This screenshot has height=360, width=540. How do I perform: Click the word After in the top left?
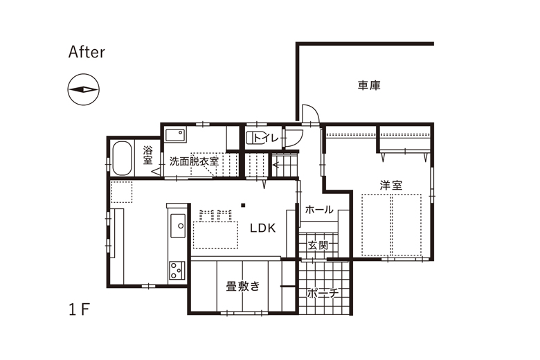coord(87,52)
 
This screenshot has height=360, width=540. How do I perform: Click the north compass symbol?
coord(83,89)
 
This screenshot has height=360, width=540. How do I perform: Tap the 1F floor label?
coord(79,310)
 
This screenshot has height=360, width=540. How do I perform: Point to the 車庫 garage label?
coord(369,85)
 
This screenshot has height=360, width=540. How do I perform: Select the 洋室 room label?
coord(391,186)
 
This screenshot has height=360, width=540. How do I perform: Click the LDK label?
coord(263,228)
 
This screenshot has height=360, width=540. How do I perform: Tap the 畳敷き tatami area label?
coord(243,286)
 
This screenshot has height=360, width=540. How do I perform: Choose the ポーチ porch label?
coord(323,294)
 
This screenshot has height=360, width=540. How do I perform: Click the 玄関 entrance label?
coord(318,245)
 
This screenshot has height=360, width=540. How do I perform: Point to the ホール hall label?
coord(319,210)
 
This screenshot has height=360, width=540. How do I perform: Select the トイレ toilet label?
coord(266,138)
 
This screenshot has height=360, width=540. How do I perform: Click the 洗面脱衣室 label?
coord(194,161)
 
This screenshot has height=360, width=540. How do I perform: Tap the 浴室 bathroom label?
coord(147,155)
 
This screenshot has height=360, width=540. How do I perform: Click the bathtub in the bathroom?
coord(122,158)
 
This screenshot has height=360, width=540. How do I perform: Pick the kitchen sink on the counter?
coord(178,226)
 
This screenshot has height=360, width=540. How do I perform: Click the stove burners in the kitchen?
coord(177,270)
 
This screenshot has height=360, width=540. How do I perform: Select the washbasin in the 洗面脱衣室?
coord(175,135)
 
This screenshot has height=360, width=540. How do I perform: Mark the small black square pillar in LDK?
coord(243,206)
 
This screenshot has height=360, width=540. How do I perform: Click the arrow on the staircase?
coord(276,165)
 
